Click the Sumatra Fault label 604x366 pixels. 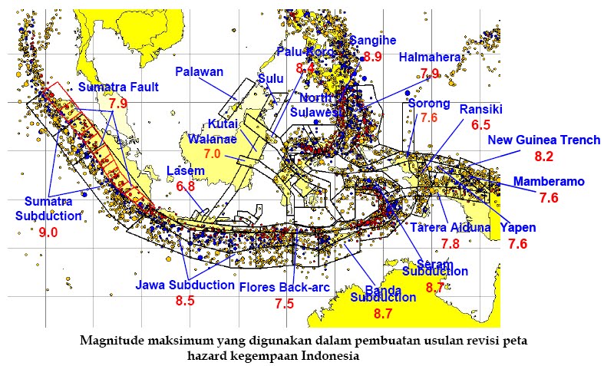[118, 87]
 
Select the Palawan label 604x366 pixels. [199, 72]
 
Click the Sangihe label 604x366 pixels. [373, 41]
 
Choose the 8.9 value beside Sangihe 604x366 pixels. [373, 56]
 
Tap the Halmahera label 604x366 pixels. [430, 58]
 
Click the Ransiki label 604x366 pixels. [480, 109]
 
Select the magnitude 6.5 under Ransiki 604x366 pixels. [480, 125]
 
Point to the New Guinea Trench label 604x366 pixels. [543, 140]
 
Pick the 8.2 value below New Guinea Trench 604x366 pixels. [543, 157]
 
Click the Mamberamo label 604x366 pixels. [549, 182]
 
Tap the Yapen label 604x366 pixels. [518, 228]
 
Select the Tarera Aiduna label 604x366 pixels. [451, 228]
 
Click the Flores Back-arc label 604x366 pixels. [284, 287]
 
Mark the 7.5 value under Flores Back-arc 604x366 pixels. [284, 304]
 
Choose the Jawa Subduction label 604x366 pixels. [185, 285]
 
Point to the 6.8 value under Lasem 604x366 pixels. [186, 186]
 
